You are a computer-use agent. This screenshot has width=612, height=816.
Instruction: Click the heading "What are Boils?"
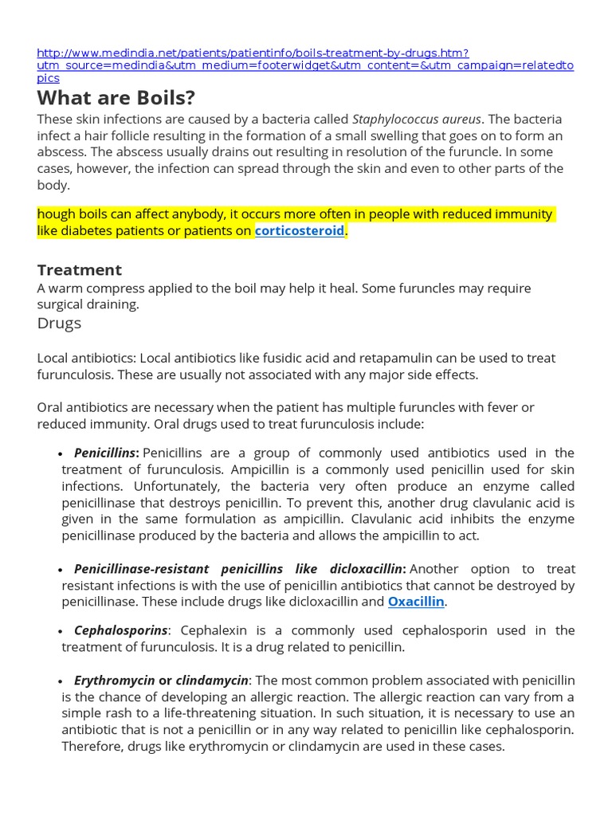[116, 99]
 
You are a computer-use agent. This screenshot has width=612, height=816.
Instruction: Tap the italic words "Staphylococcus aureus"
[417, 119]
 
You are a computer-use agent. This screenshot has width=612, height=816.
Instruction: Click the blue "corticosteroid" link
[300, 231]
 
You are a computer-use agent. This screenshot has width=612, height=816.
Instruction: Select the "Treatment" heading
[79, 269]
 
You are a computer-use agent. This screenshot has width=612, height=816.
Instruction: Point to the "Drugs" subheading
[59, 323]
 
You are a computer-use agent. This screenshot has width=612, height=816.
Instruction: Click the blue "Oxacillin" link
[416, 602]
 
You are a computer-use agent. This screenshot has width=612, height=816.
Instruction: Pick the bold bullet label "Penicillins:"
[107, 453]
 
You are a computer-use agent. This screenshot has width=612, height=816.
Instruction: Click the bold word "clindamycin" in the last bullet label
[212, 680]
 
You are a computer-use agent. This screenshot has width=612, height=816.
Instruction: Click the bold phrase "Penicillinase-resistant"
[141, 569]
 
